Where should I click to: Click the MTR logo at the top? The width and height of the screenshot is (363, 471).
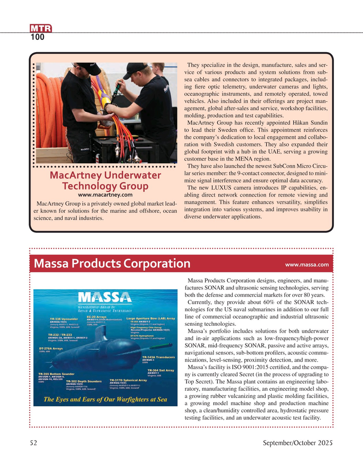[x=41, y=29]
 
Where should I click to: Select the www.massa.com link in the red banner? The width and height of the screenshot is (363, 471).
[x=306, y=264]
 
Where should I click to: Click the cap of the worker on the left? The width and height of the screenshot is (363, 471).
[x=89, y=68]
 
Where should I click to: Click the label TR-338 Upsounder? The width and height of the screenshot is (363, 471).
[x=64, y=319]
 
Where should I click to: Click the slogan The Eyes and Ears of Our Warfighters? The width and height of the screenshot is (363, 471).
[x=105, y=400]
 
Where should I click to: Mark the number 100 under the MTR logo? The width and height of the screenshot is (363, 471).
[x=38, y=38]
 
